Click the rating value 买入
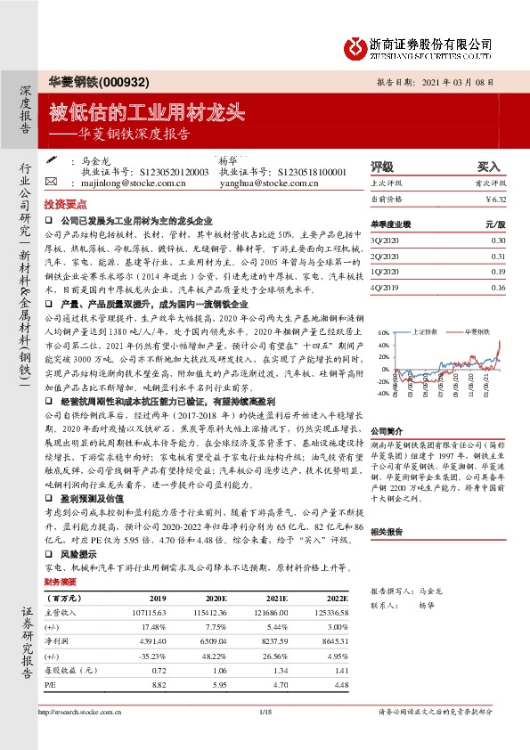[489, 167]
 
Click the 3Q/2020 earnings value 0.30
[498, 240]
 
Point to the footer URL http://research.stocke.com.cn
[81, 713]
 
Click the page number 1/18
[265, 713]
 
